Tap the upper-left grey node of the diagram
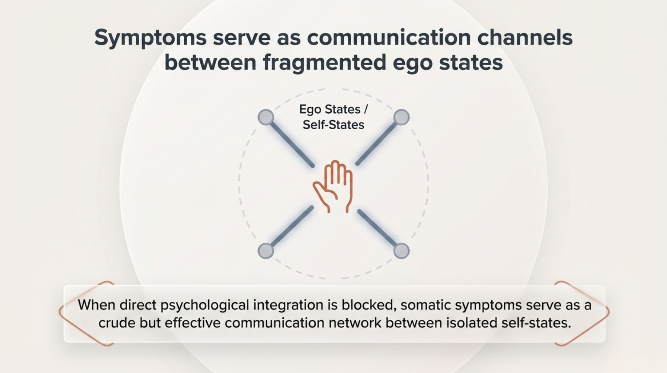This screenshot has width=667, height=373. pos(266,117)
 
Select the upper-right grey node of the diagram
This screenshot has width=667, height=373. pos(402,117)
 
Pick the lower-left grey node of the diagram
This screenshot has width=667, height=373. pos(266,251)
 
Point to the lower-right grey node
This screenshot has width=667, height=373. pos(402,251)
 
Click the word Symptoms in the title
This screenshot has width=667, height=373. pos(150,38)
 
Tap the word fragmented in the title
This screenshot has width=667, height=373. pos(324,63)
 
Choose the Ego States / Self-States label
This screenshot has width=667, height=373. pos(333,117)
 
